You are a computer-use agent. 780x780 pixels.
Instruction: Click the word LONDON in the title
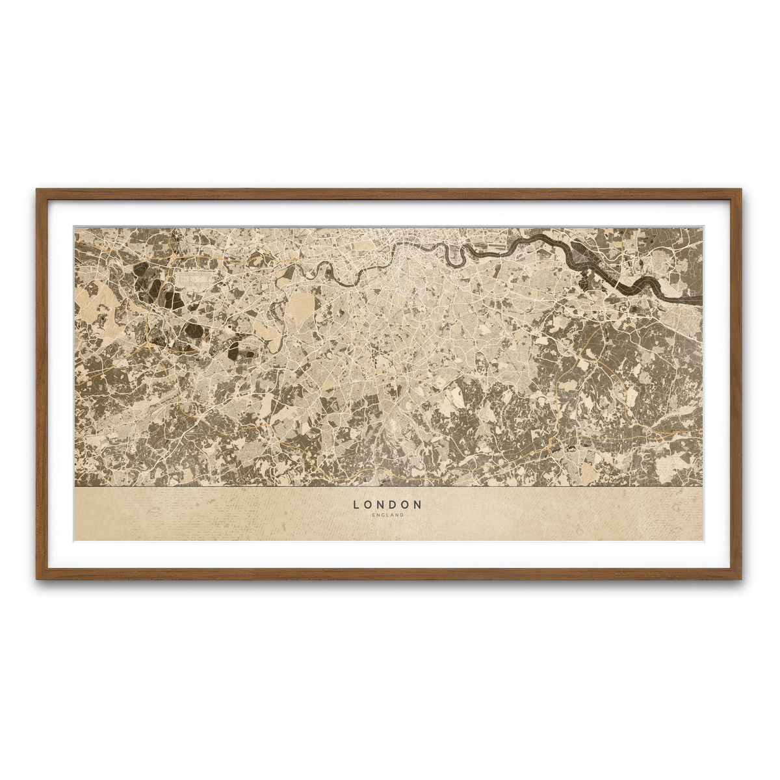click(388, 504)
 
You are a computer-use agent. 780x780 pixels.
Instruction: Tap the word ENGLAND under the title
click(388, 515)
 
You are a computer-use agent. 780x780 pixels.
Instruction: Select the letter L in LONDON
click(356, 504)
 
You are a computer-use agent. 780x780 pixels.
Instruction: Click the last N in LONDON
click(419, 504)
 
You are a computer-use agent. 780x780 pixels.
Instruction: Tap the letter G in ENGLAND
click(383, 515)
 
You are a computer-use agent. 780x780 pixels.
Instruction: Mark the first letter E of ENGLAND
click(374, 515)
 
